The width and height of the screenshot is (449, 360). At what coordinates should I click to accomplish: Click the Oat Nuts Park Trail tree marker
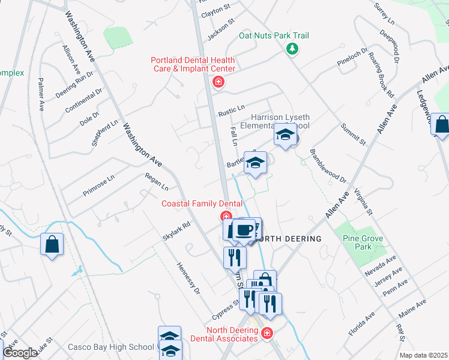click(292, 49)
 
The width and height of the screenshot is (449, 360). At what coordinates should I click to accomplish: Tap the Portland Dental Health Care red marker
click(218, 82)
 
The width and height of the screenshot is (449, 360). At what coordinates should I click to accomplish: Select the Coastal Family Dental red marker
click(226, 217)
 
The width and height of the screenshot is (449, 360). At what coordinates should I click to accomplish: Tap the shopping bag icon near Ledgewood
click(441, 126)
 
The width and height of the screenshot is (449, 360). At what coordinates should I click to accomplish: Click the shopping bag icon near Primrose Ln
click(52, 245)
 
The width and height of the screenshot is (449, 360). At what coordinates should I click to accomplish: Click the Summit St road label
click(353, 134)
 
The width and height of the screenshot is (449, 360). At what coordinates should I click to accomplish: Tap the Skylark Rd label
click(176, 231)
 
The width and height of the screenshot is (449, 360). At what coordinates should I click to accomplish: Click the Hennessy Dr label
click(187, 279)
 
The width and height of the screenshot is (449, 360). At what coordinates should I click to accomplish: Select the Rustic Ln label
click(232, 110)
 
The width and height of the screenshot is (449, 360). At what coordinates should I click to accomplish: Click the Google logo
click(19, 353)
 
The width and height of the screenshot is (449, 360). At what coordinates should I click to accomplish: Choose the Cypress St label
click(226, 311)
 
